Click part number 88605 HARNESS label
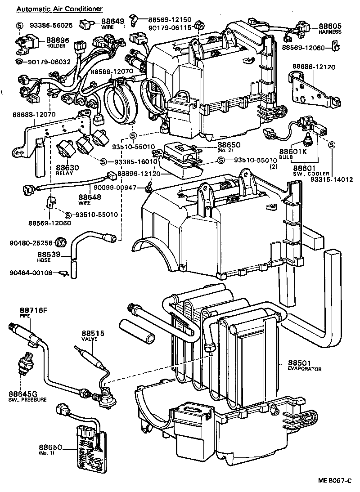330,29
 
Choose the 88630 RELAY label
67,170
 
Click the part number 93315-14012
332,179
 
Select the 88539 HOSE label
47,256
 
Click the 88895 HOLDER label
56,42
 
